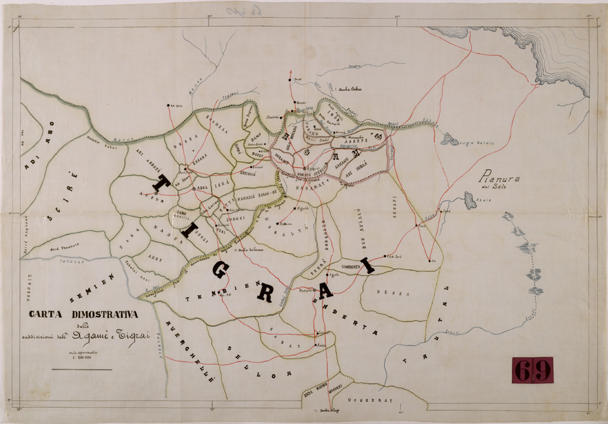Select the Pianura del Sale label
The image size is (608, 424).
pyautogui.click(x=499, y=182)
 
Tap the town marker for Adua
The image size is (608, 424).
pyautogui.click(x=194, y=189)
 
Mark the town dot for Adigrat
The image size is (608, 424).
pyautogui.click(x=305, y=168)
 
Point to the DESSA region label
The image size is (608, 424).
pyautogui.click(x=385, y=292)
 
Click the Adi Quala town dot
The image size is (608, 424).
pyautogui.click(x=168, y=105)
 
